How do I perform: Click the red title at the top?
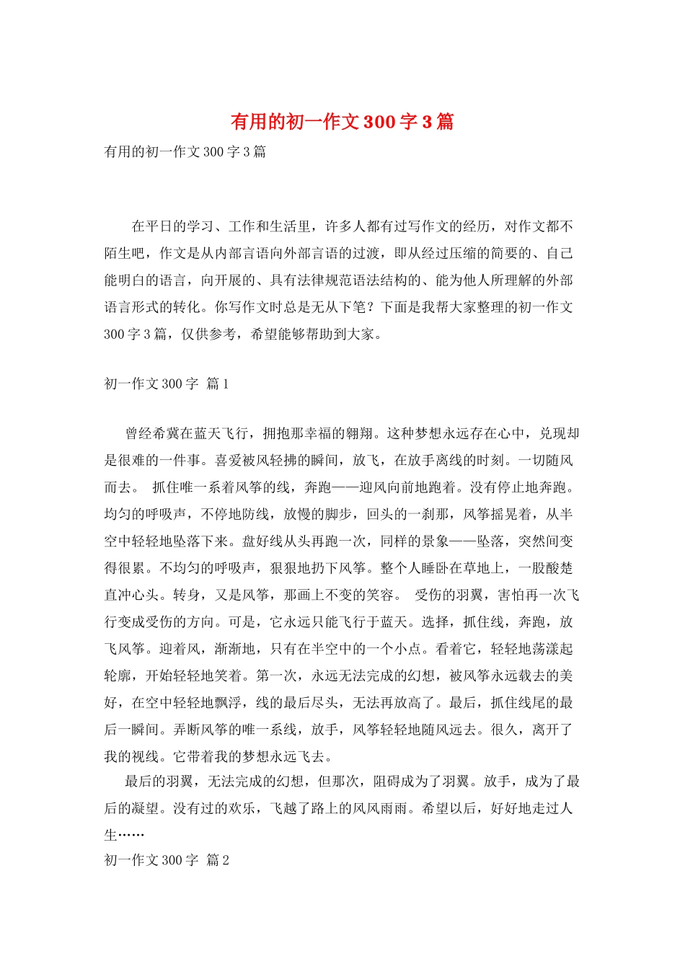[342, 121]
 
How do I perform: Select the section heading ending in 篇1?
[167, 384]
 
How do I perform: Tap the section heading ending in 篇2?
[167, 860]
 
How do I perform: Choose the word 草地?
[490, 568]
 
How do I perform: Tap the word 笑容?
[380, 595]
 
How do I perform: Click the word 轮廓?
[118, 676]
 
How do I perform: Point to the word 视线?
[146, 756]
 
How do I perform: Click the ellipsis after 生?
[132, 835]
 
